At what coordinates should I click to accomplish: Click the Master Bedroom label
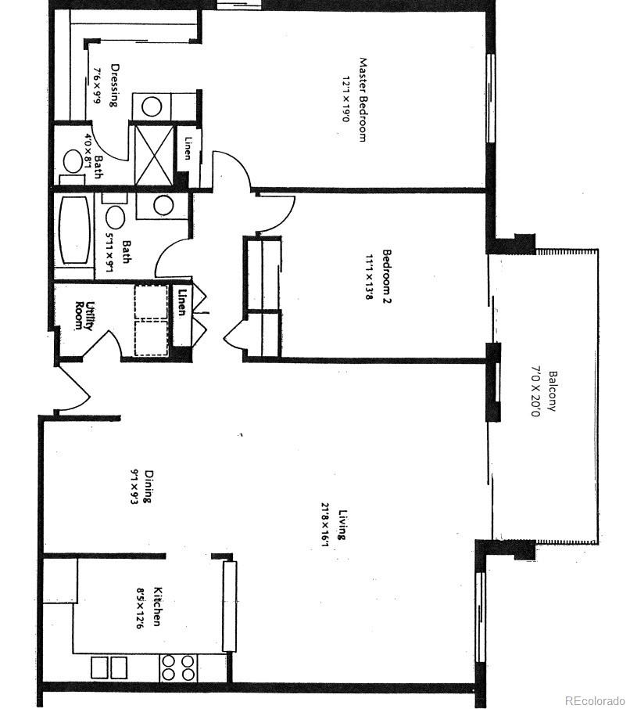coord(363,99)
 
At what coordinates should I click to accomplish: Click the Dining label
coord(148,485)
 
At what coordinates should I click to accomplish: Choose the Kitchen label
coord(157,606)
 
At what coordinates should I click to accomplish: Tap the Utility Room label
coord(84,315)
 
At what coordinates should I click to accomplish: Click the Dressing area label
coord(114,85)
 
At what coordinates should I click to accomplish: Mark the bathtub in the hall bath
coord(74,232)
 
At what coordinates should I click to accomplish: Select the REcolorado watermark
coord(595,700)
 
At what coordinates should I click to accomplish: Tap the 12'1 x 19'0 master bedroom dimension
coord(345,100)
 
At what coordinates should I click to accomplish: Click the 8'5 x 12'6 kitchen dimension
coord(141,608)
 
